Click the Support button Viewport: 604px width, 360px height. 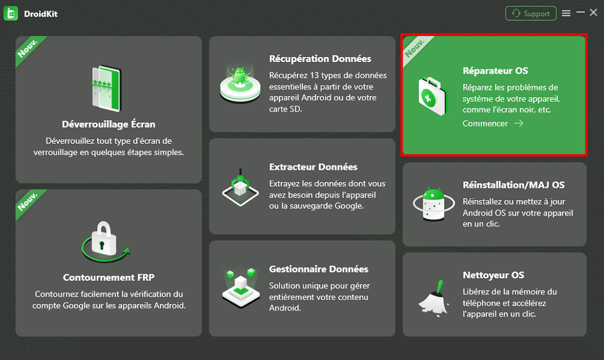530,14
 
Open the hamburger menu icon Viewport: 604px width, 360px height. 566,14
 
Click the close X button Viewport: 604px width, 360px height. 593,13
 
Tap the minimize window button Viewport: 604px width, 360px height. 580,13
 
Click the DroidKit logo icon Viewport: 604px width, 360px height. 11,14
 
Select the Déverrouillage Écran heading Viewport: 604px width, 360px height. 108,124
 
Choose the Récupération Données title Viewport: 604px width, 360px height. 320,59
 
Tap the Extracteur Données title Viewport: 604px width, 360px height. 313,167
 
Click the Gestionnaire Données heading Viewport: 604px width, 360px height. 318,269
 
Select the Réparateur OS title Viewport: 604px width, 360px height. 496,71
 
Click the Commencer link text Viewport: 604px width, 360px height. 485,123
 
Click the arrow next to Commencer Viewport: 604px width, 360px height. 519,123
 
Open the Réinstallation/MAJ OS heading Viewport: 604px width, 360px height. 514,185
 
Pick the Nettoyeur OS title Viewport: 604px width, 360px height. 494,275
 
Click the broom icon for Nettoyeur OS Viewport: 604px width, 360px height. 434,299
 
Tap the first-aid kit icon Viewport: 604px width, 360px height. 432,96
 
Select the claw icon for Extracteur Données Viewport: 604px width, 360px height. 240,187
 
